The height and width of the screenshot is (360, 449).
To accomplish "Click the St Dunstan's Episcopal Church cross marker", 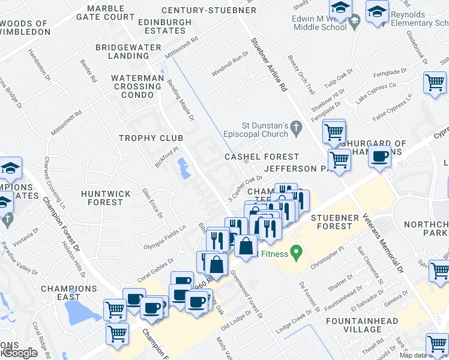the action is (295, 127).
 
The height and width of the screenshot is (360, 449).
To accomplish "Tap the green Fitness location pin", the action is (295, 252).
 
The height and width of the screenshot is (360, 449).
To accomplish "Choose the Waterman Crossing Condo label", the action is (137, 86).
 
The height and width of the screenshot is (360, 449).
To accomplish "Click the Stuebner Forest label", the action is (334, 221).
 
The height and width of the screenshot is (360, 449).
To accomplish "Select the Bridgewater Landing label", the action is (127, 52).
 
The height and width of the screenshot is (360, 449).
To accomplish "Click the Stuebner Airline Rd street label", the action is (268, 64).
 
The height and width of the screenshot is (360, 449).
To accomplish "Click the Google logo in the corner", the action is (19, 353).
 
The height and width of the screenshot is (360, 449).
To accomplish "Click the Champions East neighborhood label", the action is (69, 293).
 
